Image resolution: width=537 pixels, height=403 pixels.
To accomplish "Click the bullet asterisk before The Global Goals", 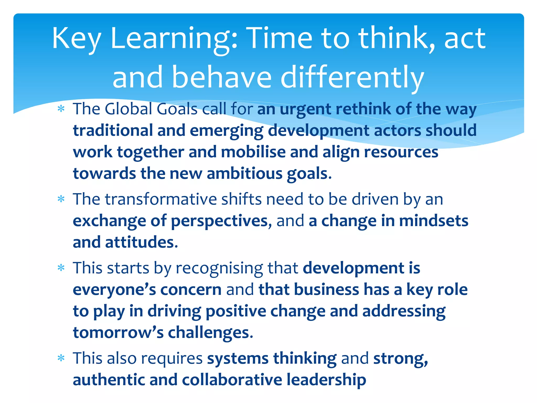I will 61,109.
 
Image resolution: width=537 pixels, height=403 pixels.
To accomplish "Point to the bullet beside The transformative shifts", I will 61,199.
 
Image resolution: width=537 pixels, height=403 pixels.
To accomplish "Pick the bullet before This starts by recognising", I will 61,268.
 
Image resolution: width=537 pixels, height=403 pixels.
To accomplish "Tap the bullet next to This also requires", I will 61,358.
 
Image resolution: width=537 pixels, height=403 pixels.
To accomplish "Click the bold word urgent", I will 306,109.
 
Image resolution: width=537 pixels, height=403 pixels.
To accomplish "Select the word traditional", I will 113,130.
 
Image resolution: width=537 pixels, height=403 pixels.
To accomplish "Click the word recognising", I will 219,268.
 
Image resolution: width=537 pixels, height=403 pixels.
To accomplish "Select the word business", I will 326,290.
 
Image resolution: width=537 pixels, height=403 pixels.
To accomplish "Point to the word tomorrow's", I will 118,332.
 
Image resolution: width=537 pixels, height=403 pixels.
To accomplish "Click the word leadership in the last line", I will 326,380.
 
